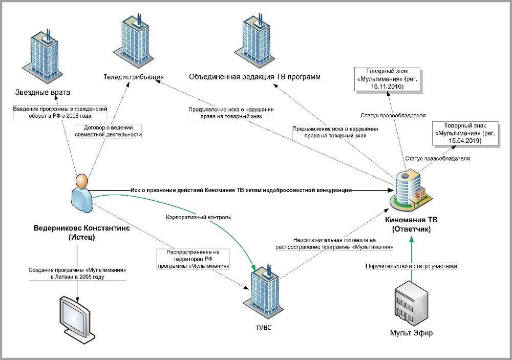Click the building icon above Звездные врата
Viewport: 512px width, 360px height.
pos(44,54)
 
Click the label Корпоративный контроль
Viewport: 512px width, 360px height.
pos(199,217)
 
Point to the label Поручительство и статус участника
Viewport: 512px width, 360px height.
pos(411,266)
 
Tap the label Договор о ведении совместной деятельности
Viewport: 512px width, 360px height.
pos(108,131)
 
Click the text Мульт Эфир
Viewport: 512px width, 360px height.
pos(411,333)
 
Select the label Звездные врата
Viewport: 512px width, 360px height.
pos(42,92)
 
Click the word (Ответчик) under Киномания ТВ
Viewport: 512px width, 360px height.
pos(411,229)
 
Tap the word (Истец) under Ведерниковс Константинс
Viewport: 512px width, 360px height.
pos(81,238)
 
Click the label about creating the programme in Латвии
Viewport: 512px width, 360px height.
pos(77,273)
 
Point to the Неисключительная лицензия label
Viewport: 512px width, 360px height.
pos(334,243)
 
